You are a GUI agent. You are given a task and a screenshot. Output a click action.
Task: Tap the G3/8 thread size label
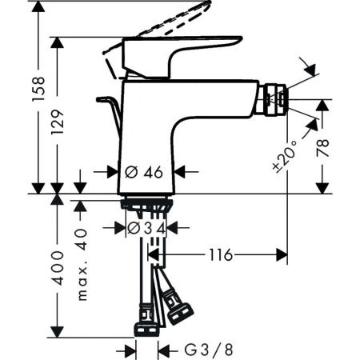(x=204, y=349)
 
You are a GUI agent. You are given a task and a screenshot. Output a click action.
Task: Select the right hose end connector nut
(x=178, y=308)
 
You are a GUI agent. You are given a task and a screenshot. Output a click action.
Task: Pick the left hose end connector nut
(x=146, y=328)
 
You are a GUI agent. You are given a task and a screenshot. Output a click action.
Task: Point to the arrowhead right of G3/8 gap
(x=165, y=349)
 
